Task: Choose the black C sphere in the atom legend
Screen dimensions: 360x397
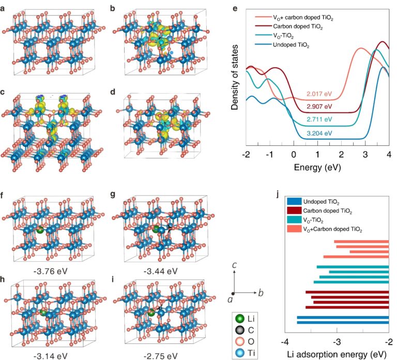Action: coord(240,329)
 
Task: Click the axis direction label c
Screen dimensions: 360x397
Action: coord(235,266)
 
